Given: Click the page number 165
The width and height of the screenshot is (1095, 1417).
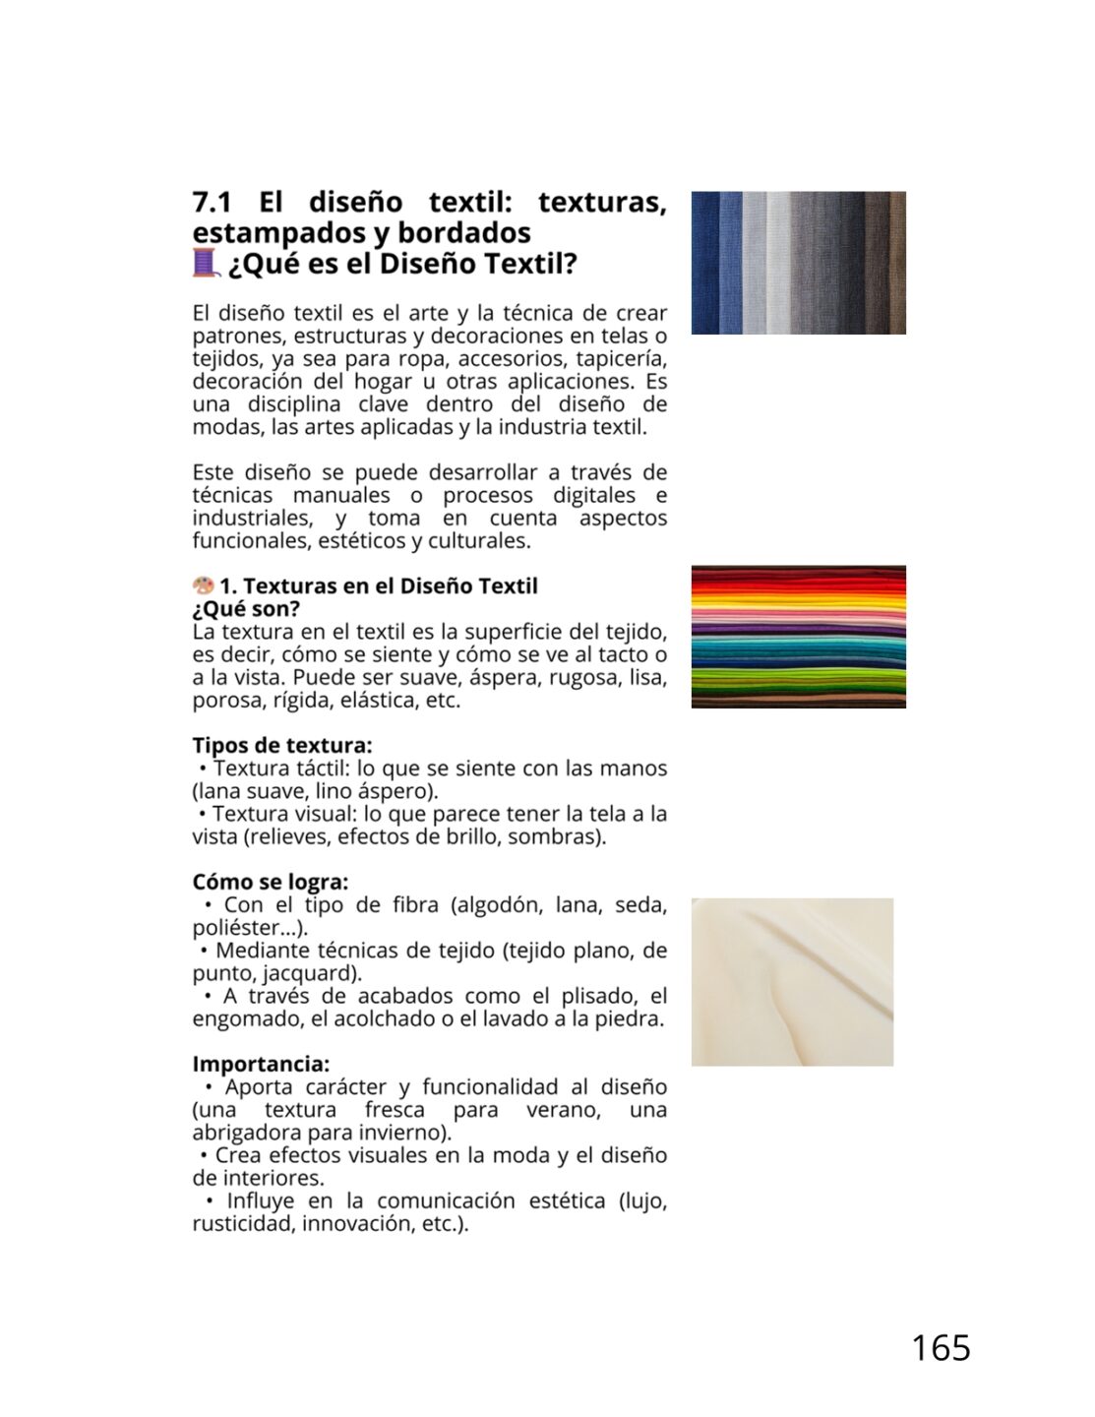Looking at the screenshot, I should tap(941, 1347).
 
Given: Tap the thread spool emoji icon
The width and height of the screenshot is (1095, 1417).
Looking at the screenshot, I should tap(205, 263).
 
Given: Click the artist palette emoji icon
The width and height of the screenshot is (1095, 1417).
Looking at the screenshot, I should tap(203, 585).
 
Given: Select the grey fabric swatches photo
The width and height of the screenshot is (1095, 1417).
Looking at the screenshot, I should tap(798, 263).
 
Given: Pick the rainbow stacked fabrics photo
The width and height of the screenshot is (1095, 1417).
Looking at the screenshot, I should tap(798, 637).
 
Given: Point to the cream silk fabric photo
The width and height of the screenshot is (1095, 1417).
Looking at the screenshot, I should tap(792, 981).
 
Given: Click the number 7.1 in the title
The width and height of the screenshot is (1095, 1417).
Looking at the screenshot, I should tap(212, 202).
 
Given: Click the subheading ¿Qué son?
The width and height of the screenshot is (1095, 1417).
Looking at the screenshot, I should tap(246, 609).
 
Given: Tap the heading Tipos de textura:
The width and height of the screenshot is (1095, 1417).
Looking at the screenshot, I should tap(282, 745).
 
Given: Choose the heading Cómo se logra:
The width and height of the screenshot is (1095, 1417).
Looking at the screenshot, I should tap(271, 882).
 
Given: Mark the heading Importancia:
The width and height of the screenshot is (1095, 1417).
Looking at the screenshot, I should tap(261, 1064).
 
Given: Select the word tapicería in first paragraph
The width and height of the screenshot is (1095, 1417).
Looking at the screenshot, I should tap(621, 358).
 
